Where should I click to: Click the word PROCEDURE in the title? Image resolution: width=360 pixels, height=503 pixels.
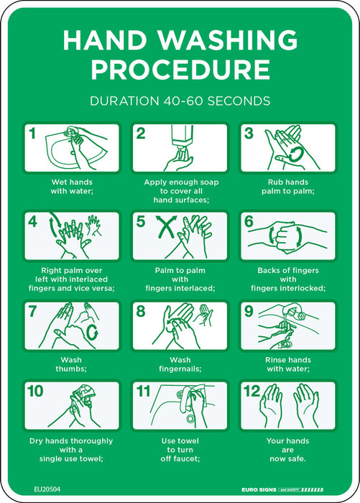[180, 70]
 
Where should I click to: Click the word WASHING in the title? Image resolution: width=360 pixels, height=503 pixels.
[228, 40]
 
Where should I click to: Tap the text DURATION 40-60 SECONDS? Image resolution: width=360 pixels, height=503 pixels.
[180, 101]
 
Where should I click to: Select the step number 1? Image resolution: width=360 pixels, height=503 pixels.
[32, 134]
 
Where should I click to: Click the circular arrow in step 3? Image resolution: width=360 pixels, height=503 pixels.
[295, 154]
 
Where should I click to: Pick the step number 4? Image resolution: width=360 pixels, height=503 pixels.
[33, 221]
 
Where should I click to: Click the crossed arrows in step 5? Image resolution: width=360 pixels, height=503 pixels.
[166, 226]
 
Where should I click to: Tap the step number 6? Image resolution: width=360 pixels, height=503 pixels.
[249, 221]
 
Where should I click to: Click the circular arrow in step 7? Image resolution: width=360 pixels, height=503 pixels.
[92, 332]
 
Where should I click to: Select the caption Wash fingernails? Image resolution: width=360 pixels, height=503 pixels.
[180, 364]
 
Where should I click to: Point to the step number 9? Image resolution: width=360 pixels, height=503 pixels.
[249, 311]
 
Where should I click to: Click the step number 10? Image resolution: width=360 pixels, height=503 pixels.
[35, 391]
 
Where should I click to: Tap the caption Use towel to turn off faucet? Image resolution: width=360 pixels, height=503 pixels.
[180, 450]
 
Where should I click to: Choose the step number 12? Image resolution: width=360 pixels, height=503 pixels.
[251, 391]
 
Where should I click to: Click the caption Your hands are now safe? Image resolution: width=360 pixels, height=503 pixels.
[288, 450]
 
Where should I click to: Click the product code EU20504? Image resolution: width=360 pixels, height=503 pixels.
[47, 489]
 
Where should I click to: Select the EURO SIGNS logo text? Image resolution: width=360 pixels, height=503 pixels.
[259, 490]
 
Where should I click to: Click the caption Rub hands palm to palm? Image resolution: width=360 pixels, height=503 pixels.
[288, 187]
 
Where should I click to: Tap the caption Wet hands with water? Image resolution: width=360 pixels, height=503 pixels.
[72, 187]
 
